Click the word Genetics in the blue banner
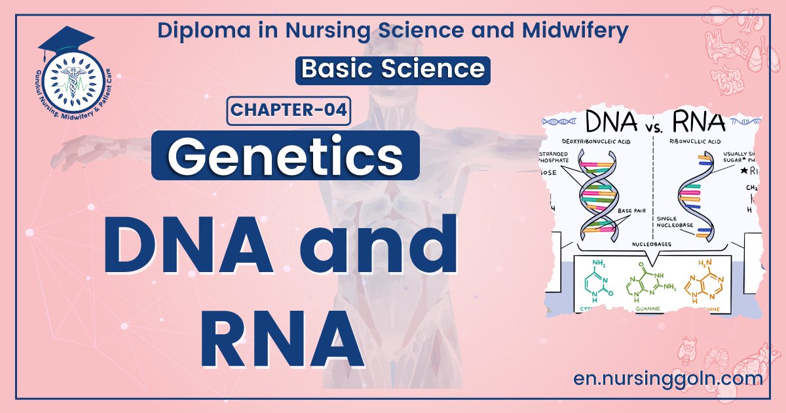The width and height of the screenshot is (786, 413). point(285,155)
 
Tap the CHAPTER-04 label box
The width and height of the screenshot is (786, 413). point(289,109)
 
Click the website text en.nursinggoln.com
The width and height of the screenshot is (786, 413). point(667,378)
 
